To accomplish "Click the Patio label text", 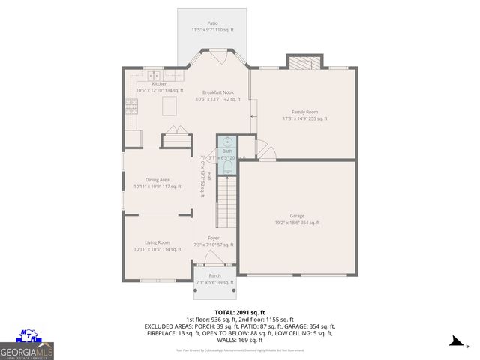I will click(x=212, y=23).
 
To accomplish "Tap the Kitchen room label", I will click(x=160, y=83).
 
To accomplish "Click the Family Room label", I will click(x=304, y=112).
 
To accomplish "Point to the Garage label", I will click(x=297, y=216).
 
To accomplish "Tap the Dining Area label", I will click(x=157, y=180).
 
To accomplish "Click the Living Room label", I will click(x=157, y=242).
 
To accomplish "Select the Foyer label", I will click(x=214, y=238).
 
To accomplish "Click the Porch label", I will click(x=214, y=276).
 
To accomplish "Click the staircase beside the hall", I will click(x=227, y=202).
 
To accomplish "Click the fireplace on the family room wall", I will click(x=304, y=62).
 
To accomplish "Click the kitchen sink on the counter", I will click(x=154, y=74).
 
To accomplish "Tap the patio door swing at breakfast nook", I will click(x=217, y=56).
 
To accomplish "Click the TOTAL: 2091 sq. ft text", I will click(x=239, y=311).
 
